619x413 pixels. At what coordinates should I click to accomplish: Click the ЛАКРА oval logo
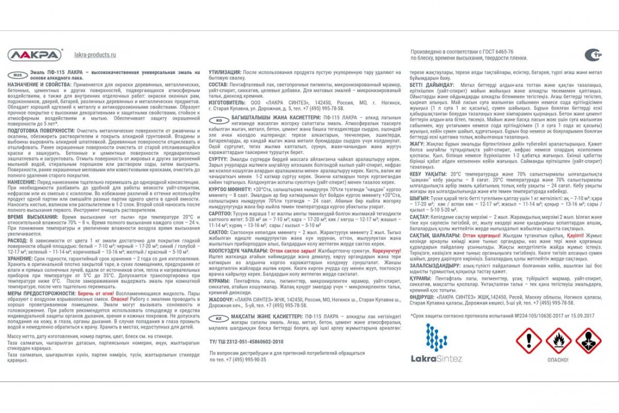point(35,55)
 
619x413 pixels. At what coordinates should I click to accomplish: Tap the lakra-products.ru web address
point(95,55)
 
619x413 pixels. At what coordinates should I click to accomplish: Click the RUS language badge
point(16,74)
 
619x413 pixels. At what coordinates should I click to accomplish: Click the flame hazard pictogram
point(559,340)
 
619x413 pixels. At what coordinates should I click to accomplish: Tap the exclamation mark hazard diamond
point(529,340)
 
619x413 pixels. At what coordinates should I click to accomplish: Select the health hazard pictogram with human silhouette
point(588,340)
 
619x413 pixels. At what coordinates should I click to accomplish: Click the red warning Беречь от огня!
point(96,294)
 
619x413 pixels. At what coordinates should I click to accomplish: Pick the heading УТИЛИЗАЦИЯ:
point(225,73)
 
